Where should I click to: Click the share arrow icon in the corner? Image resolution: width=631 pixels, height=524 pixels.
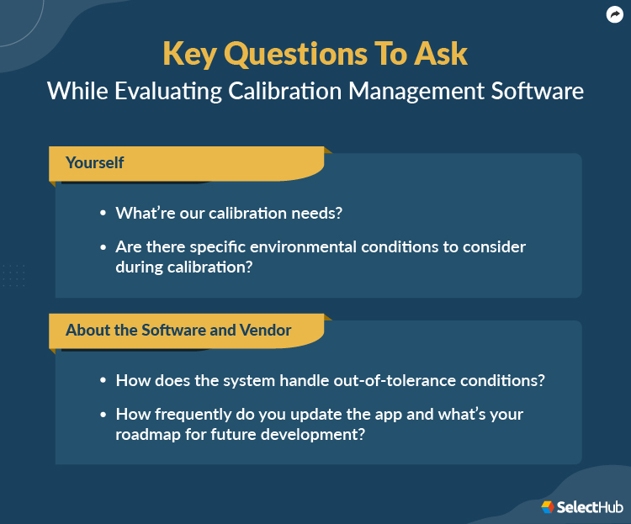[x=614, y=14]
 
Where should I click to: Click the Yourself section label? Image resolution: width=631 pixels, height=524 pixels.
[x=95, y=162]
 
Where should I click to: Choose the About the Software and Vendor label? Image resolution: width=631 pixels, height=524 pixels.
[x=178, y=330]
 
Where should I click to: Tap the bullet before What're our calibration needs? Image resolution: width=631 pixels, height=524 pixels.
[x=103, y=214]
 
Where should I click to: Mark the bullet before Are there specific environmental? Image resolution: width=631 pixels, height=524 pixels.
[x=103, y=247]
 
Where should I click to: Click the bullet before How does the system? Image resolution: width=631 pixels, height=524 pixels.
[x=103, y=381]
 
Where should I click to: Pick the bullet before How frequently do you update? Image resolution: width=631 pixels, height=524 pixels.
[x=103, y=415]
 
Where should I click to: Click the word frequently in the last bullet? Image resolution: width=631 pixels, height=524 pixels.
[x=191, y=414]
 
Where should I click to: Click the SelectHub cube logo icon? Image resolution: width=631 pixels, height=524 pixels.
[x=548, y=506]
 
